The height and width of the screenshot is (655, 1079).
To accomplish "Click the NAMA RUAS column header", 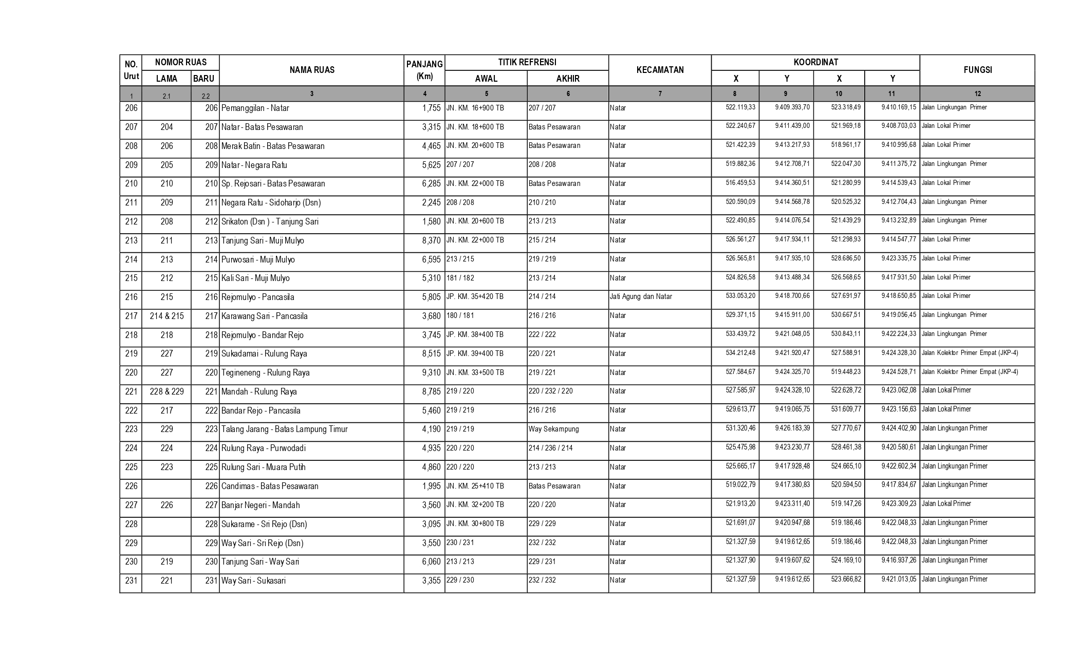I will (311, 70).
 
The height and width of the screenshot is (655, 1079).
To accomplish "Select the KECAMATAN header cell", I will (660, 70).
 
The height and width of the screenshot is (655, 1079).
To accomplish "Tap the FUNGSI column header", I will (977, 70).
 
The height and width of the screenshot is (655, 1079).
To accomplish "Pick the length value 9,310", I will (431, 373).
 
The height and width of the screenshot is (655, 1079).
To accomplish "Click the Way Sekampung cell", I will (553, 429).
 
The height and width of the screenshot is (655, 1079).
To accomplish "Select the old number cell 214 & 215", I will (166, 316).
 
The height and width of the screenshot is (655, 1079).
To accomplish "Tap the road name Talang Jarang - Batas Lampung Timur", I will (284, 429).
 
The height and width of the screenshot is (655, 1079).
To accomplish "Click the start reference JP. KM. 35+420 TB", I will (475, 296).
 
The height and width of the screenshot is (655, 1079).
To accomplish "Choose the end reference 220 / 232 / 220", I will (550, 391).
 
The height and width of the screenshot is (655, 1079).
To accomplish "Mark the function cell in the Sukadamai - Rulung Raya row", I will (970, 353).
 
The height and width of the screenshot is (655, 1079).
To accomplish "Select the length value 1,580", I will (431, 222).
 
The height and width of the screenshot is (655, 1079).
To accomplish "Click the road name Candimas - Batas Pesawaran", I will (270, 486).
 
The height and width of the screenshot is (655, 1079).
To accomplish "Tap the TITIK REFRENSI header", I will (527, 63).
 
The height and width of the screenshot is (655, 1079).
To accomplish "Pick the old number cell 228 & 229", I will (166, 392).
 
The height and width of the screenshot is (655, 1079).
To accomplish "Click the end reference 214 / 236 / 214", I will (550, 448).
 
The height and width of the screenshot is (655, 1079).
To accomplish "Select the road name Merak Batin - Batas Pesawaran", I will (273, 146).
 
